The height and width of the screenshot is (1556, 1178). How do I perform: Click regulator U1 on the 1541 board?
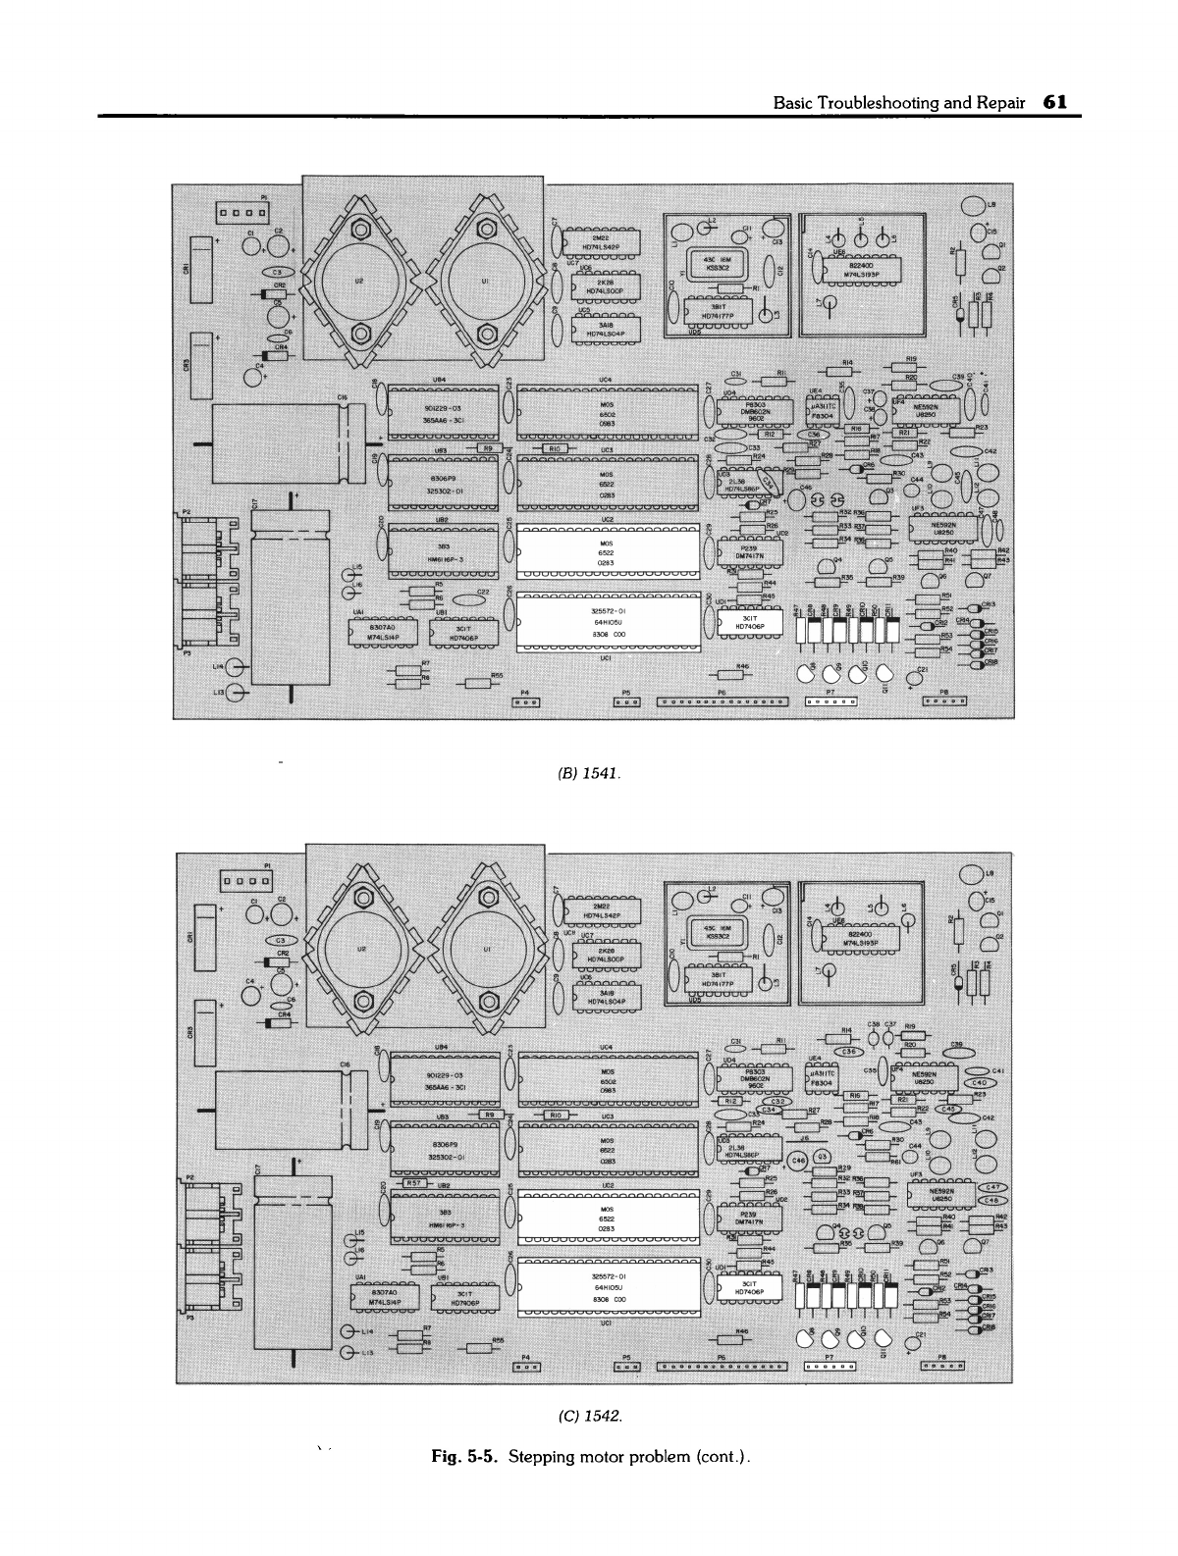[x=484, y=280]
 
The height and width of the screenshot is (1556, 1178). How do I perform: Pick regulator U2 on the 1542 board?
[x=358, y=952]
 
